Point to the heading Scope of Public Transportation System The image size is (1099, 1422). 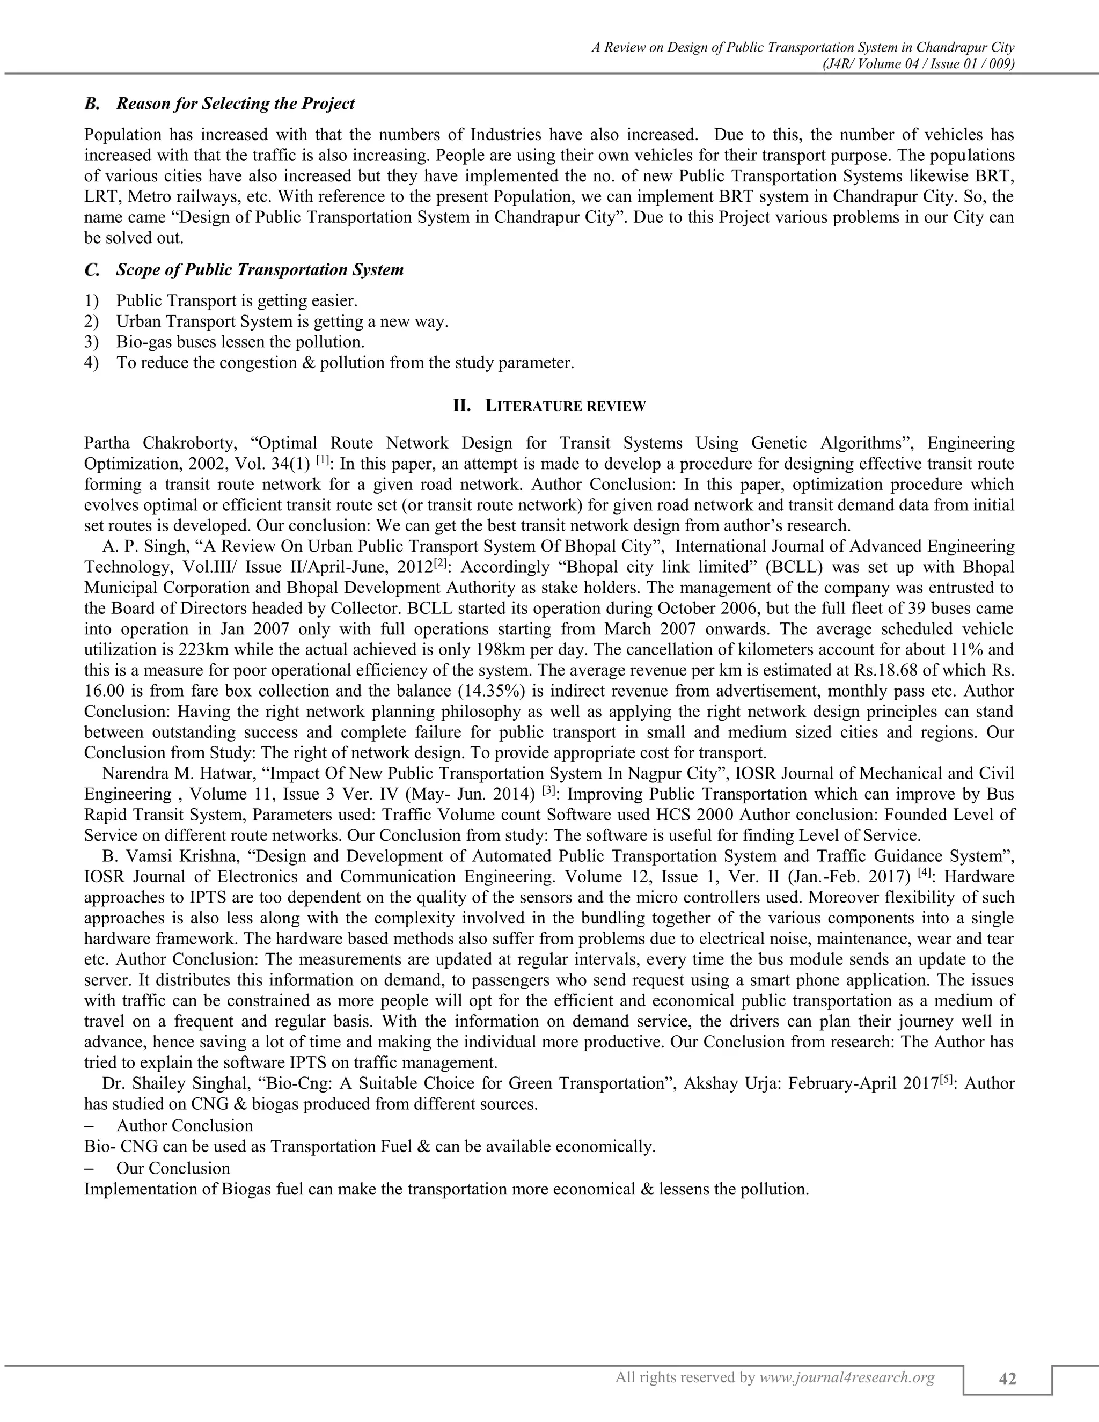click(x=260, y=269)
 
